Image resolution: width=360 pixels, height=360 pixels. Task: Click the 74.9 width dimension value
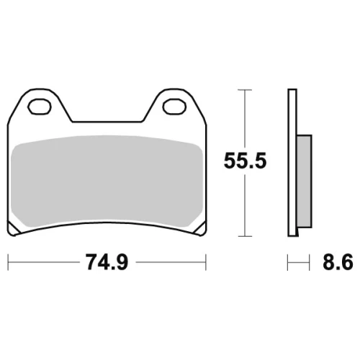(x=107, y=262)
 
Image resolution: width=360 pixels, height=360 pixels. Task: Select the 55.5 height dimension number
(x=245, y=161)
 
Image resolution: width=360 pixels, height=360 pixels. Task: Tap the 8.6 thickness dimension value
(x=338, y=262)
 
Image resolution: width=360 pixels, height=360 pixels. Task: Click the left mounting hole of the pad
(x=40, y=107)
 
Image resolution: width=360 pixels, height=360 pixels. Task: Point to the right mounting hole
(x=174, y=107)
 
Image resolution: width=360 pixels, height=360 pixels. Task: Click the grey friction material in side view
(x=305, y=181)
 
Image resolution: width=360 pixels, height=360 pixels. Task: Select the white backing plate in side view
(x=292, y=163)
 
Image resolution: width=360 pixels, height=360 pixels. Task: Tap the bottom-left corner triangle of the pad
(x=13, y=228)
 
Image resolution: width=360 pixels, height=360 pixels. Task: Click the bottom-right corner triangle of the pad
(x=200, y=228)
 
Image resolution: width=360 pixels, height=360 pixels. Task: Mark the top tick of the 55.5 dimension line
(x=245, y=90)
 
